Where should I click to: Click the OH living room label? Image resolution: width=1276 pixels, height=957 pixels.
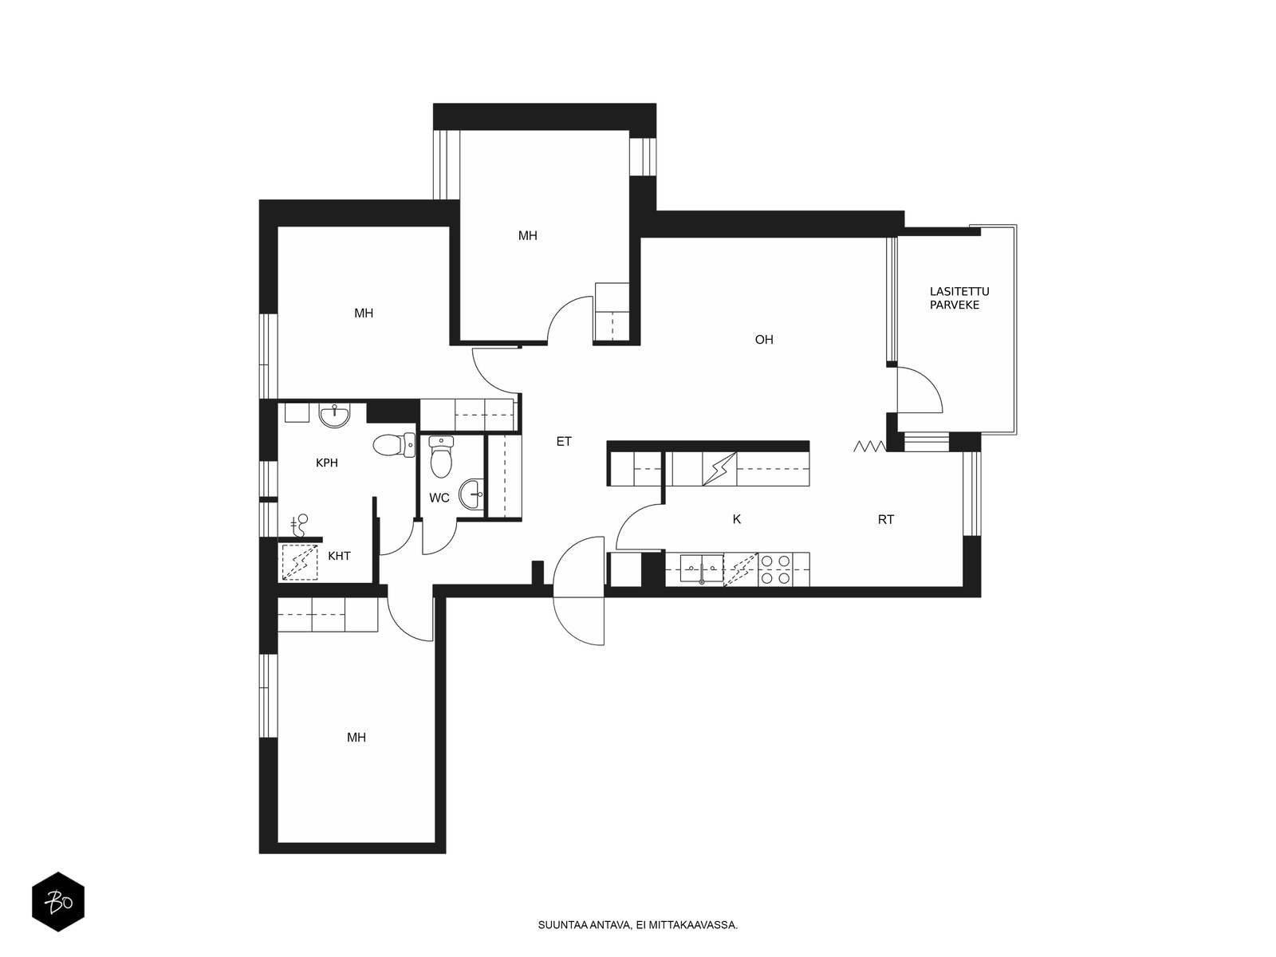click(x=763, y=340)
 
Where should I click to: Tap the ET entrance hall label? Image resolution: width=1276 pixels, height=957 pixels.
click(x=563, y=442)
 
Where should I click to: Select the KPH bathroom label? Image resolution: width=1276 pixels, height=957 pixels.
click(x=326, y=463)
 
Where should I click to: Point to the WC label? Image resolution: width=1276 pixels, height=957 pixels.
click(x=439, y=498)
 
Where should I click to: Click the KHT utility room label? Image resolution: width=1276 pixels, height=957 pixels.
click(x=339, y=556)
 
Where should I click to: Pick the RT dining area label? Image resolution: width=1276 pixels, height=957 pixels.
click(x=885, y=519)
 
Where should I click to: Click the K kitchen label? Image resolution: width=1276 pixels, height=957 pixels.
click(x=737, y=519)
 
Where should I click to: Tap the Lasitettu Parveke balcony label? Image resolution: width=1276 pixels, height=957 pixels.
click(x=959, y=298)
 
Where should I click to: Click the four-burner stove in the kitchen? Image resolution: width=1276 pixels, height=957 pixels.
click(x=776, y=569)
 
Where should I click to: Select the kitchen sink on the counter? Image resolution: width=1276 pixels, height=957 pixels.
click(x=702, y=569)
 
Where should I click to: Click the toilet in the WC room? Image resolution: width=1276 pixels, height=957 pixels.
click(x=441, y=456)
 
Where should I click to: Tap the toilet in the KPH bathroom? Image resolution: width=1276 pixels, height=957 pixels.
click(x=393, y=446)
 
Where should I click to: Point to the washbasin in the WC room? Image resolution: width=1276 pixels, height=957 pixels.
click(x=471, y=494)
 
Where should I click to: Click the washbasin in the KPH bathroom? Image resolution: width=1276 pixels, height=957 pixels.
click(x=334, y=415)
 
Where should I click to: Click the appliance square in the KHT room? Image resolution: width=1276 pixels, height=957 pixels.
click(x=300, y=562)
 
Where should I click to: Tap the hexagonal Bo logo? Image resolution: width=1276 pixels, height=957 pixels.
click(x=58, y=902)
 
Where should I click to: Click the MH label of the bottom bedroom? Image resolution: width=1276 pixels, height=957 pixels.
click(x=356, y=738)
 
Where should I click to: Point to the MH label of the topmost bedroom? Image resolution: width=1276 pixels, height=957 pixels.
click(x=527, y=236)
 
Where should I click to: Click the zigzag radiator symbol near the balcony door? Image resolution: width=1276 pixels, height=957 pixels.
click(x=869, y=447)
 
